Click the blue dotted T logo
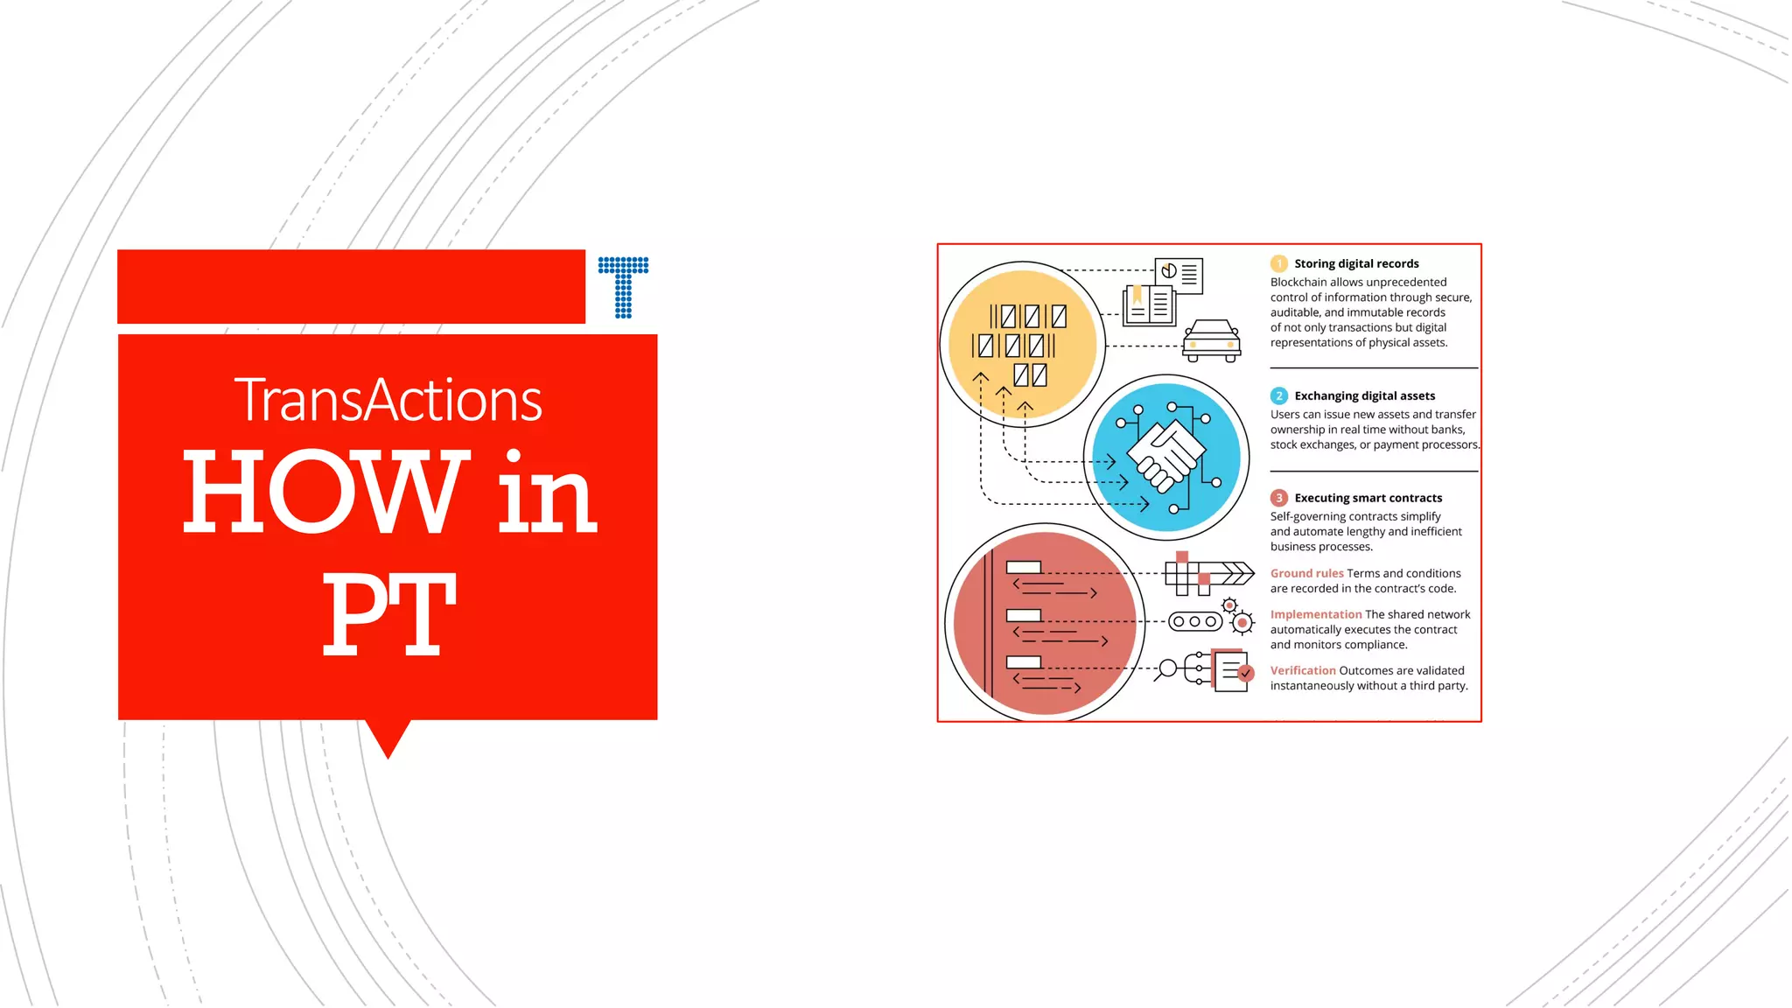pyautogui.click(x=623, y=287)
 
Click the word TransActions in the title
pyautogui.click(x=388, y=401)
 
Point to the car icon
pyautogui.click(x=1212, y=340)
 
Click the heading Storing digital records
pyautogui.click(x=1356, y=263)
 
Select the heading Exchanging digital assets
pyautogui.click(x=1364, y=395)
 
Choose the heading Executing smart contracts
pyautogui.click(x=1368, y=498)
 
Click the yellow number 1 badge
pyautogui.click(x=1279, y=263)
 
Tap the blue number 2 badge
pyautogui.click(x=1279, y=395)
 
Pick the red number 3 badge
pyautogui.click(x=1279, y=498)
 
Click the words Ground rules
pyautogui.click(x=1306, y=573)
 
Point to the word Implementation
pyautogui.click(x=1316, y=614)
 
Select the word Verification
pyautogui.click(x=1303, y=670)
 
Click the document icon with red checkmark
pyautogui.click(x=1233, y=671)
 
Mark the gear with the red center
pyautogui.click(x=1242, y=623)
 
